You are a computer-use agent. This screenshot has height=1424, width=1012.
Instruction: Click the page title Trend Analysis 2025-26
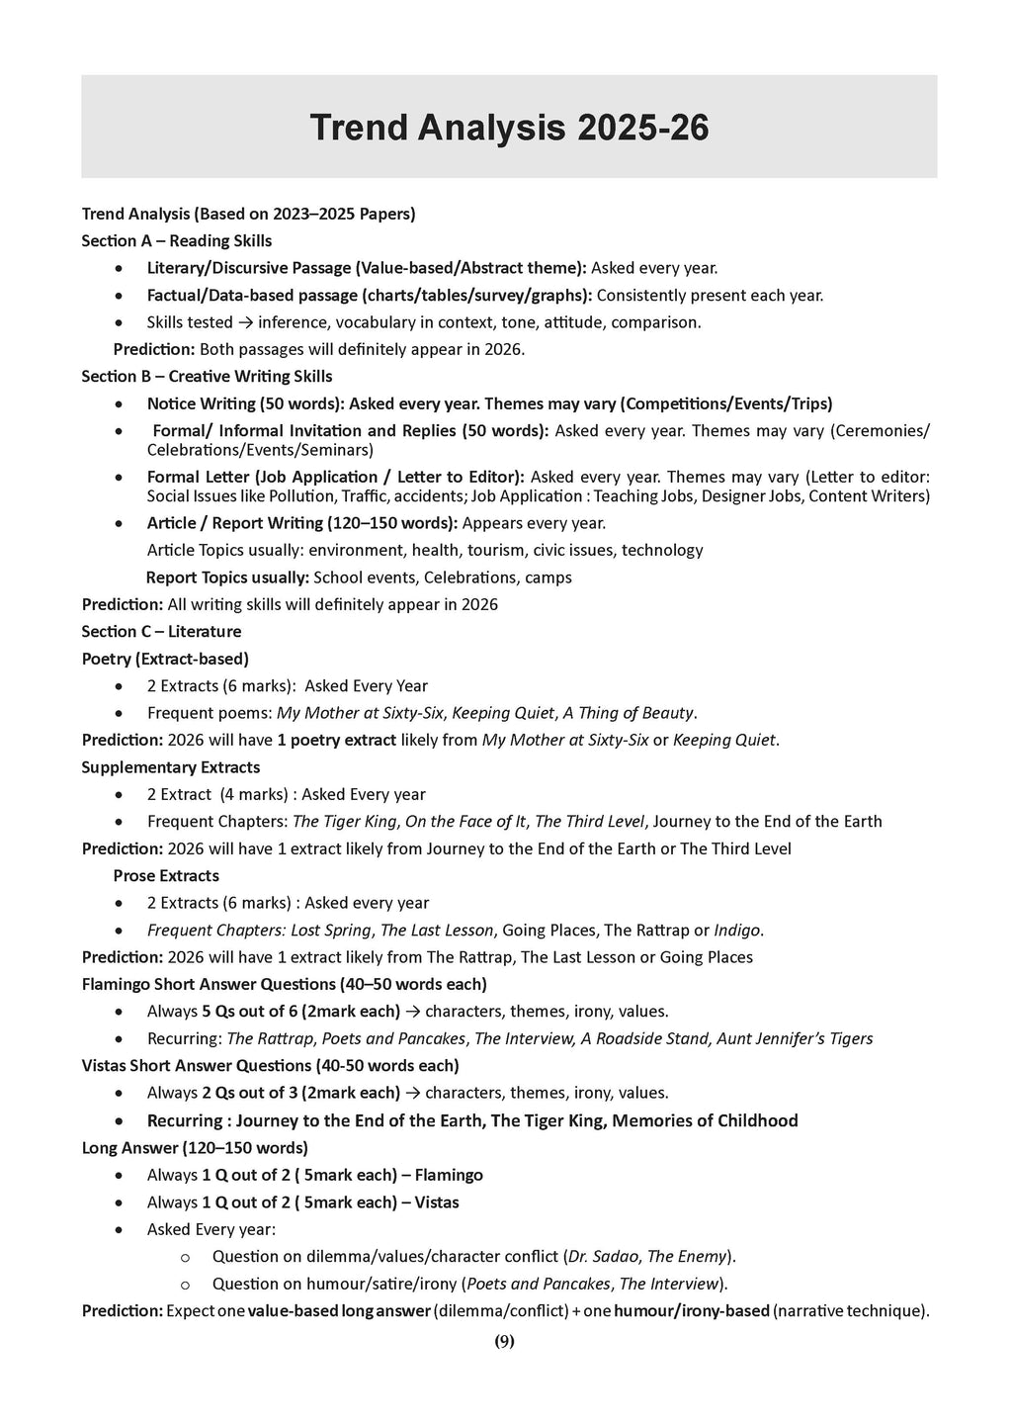coord(509,128)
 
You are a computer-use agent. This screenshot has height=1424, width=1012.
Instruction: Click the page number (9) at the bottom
coord(504,1342)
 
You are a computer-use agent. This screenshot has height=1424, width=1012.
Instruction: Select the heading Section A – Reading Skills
coord(176,241)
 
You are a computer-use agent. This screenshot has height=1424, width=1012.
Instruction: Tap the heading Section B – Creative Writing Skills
coord(207,377)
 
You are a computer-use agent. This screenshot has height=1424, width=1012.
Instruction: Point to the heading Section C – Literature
coord(161,632)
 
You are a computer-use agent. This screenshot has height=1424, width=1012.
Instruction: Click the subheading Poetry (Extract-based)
coord(165,659)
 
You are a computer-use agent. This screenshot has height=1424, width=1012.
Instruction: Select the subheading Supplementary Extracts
coord(171,767)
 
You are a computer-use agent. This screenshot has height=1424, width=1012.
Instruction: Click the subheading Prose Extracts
coord(166,876)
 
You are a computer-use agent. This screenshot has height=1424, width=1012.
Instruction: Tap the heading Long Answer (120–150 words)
coord(195,1148)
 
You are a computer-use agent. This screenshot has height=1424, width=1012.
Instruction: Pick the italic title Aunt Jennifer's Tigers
coord(796,1039)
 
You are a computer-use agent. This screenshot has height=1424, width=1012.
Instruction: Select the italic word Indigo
coord(737,931)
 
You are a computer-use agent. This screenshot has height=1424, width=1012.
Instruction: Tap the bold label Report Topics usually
coord(226,578)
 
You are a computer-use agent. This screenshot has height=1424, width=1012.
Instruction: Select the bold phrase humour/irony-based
coord(691,1311)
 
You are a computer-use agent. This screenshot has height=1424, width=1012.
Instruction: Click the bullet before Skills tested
coord(120,322)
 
